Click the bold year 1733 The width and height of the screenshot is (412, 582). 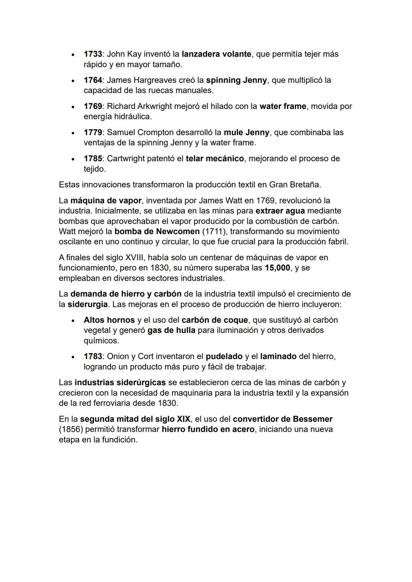tap(93, 54)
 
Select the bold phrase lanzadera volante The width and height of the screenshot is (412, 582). tap(216, 54)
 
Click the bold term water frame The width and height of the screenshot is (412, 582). tap(283, 106)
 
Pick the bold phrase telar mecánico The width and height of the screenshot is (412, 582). tap(214, 159)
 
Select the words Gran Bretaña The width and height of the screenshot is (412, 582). tap(295, 185)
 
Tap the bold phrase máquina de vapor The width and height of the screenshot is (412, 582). tap(106, 200)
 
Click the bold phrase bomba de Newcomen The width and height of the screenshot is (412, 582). tap(157, 232)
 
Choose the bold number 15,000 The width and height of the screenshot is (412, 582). tap(277, 268)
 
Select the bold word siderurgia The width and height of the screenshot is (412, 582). tap(88, 305)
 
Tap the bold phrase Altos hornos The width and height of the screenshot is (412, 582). tap(109, 320)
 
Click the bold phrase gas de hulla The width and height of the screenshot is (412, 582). tap(171, 330)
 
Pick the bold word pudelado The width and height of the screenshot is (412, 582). tap(224, 356)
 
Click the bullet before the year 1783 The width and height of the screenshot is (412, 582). tap(72, 357)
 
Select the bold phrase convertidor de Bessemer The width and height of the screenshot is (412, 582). tap(282, 419)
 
